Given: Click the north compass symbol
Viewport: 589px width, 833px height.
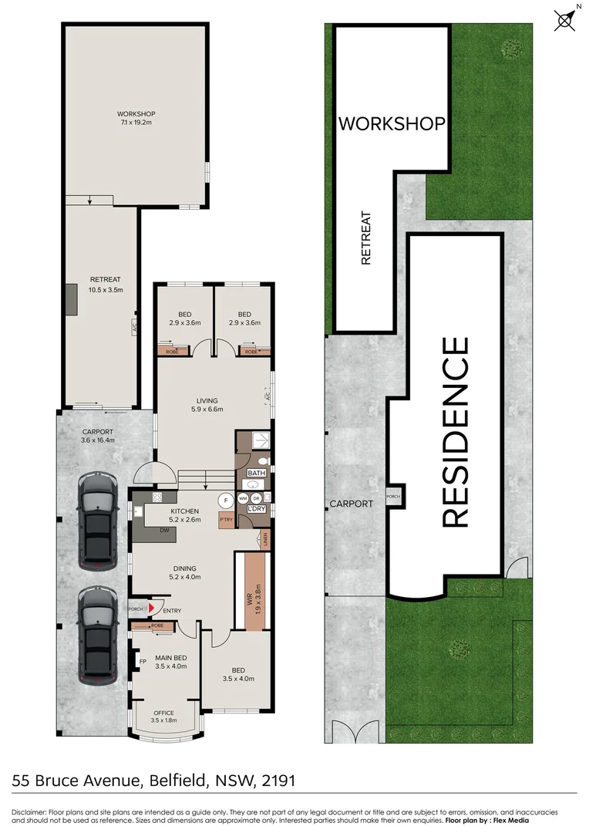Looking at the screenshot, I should point(565,20).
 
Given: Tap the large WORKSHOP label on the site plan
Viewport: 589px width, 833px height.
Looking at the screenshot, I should point(392,123).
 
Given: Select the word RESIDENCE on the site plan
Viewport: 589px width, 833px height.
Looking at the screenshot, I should point(455,432).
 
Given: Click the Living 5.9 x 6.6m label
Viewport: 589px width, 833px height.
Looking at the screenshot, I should point(207,405).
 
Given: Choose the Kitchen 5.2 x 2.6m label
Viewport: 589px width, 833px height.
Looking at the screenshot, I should point(185,515).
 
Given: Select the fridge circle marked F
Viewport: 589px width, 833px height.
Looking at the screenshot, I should point(225,499).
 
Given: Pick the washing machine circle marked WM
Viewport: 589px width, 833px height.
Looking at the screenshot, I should point(243,499).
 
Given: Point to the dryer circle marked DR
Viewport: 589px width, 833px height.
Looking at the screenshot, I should point(256,499).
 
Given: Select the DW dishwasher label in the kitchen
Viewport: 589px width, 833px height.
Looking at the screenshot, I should point(164,531).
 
